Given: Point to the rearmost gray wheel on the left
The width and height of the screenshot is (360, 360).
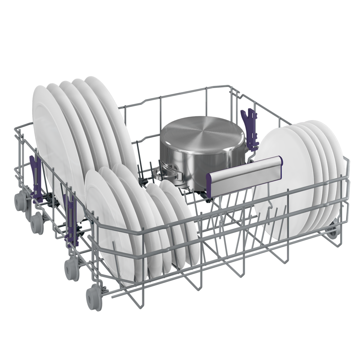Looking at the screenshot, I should click(x=21, y=201).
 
